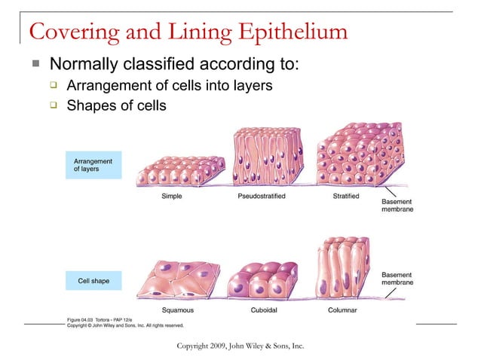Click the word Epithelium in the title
pyautogui.click(x=293, y=32)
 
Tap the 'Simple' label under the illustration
pyautogui.click(x=171, y=197)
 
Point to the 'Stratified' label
pyautogui.click(x=346, y=197)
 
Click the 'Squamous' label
pyautogui.click(x=178, y=310)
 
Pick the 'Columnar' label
pyautogui.click(x=342, y=310)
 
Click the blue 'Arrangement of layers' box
pyautogui.click(x=93, y=165)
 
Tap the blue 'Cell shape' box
pyautogui.click(x=93, y=281)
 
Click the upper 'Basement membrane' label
pyautogui.click(x=397, y=206)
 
